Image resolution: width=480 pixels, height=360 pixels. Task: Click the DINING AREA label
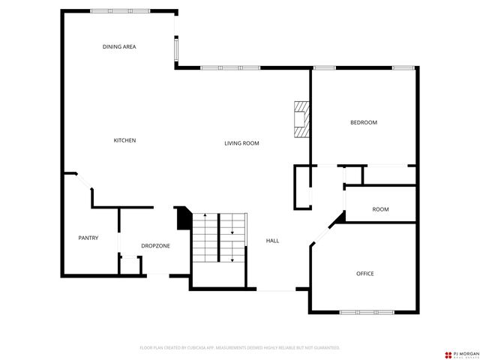[x=119, y=46]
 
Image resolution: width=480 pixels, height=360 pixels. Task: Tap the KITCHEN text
[x=124, y=140]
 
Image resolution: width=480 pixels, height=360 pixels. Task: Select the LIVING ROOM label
[x=241, y=142]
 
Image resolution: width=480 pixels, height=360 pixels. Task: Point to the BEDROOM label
[x=364, y=122]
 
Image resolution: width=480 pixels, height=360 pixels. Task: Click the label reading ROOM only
[x=380, y=209]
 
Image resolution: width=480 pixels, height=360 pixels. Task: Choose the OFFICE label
[x=364, y=273]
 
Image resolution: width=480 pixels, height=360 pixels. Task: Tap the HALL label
[x=273, y=241]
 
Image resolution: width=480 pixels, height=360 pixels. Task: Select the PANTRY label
[x=88, y=238]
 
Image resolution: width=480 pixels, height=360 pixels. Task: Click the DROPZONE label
[x=155, y=245]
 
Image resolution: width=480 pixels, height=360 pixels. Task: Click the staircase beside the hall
[x=219, y=238]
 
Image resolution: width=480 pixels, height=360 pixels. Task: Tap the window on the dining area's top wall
[x=115, y=10]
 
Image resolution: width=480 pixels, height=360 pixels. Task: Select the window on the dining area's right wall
[x=176, y=49]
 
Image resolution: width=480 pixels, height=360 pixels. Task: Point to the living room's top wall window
[x=229, y=68]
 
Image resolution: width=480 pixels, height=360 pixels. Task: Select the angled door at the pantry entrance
[x=78, y=180]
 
